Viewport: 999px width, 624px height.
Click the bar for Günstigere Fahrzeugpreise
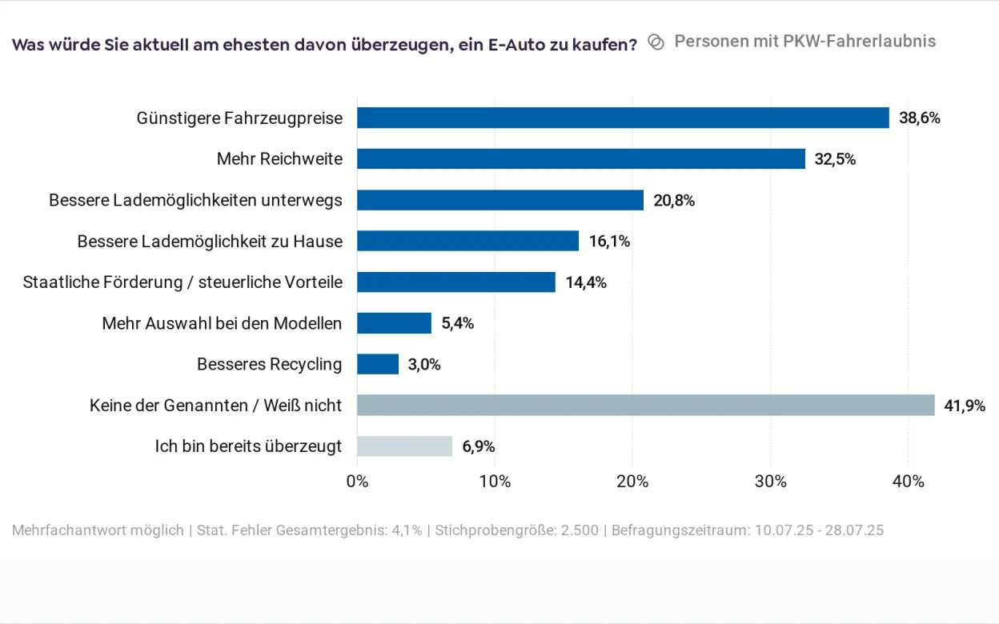[623, 118]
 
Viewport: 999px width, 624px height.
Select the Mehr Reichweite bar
[581, 158]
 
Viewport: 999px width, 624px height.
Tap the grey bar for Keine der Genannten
[645, 405]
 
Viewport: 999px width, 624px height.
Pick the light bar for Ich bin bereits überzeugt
[404, 446]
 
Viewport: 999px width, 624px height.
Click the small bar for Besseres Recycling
[378, 364]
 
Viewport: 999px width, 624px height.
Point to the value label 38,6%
[919, 118]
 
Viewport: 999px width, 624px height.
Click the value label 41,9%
[965, 406]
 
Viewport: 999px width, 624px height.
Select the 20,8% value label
[674, 201]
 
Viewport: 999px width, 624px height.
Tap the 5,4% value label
[458, 323]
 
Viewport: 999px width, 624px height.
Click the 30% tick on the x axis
[771, 482]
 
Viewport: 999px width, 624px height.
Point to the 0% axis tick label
[357, 482]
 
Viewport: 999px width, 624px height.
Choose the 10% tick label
[495, 482]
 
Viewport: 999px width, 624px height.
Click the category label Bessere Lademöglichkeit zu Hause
[210, 241]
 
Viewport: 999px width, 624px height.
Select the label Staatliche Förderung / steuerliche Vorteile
[183, 282]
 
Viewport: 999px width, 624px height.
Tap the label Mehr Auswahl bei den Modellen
[222, 323]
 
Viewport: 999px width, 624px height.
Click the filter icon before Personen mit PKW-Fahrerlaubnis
[656, 42]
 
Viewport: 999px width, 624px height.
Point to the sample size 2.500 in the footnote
[581, 530]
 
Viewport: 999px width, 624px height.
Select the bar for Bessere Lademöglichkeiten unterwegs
[500, 200]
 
